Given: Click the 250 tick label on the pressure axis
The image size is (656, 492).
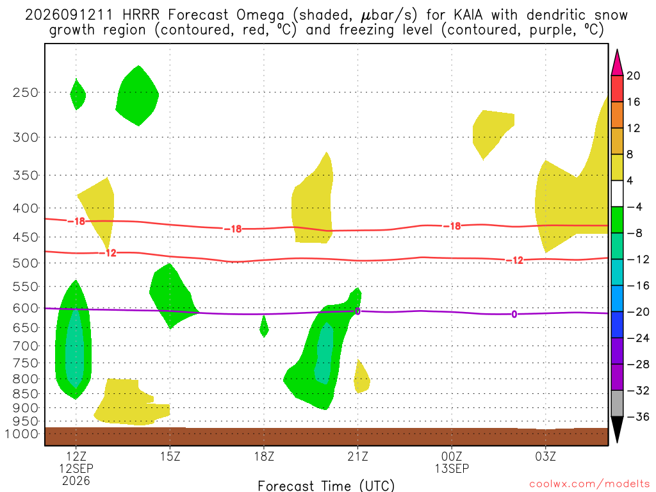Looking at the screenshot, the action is (x=26, y=92).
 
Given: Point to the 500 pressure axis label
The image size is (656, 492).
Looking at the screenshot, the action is (x=26, y=263).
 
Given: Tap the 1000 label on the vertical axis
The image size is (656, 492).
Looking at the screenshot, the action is (x=22, y=434).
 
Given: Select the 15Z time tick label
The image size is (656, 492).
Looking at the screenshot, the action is (x=170, y=456).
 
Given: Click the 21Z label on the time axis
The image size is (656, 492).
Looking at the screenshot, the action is (x=357, y=456).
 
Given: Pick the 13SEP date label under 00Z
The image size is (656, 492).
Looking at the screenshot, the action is (x=452, y=468).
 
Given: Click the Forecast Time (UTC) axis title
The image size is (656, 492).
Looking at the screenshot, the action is (x=326, y=486).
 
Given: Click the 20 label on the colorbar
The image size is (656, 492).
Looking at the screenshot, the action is (x=633, y=76).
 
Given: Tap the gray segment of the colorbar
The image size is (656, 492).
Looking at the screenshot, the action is (x=617, y=404).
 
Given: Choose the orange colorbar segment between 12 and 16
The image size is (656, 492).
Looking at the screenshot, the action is (x=617, y=115).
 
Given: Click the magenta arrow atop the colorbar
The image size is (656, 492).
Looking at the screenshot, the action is (x=617, y=63).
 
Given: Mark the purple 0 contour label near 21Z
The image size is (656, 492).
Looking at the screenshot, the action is (x=357, y=311).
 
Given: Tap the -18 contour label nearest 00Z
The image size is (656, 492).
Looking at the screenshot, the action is (x=453, y=226).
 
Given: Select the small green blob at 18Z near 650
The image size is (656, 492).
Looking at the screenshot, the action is (x=264, y=326).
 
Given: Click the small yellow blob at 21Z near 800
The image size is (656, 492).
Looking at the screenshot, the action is (x=361, y=377).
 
